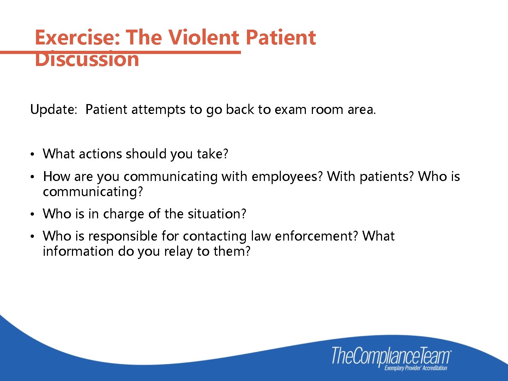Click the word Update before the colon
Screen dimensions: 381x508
click(x=53, y=110)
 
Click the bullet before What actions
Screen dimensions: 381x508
click(x=32, y=155)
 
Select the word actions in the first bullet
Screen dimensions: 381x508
click(x=100, y=154)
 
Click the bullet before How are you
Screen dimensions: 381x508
click(x=32, y=177)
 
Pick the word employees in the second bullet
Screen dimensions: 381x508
click(x=285, y=177)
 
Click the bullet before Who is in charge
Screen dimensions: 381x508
click(x=32, y=214)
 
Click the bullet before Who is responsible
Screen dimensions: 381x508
click(x=32, y=237)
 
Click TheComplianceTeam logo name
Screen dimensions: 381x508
click(x=391, y=356)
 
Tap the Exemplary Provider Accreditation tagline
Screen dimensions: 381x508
click(x=416, y=368)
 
